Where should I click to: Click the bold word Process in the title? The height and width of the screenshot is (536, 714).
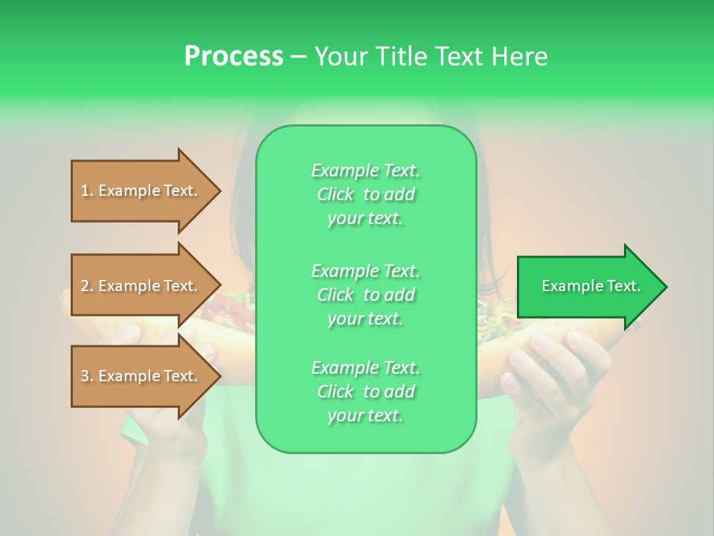(x=234, y=56)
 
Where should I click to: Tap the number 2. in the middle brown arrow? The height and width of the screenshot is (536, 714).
(x=87, y=286)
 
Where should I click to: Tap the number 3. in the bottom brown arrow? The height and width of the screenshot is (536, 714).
(x=87, y=376)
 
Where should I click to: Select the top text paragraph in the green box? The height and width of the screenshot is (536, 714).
(x=365, y=194)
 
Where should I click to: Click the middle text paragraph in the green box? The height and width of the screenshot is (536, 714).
(x=365, y=295)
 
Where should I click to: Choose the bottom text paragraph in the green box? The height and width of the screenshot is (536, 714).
(x=365, y=392)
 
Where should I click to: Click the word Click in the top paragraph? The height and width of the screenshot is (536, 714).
(x=335, y=194)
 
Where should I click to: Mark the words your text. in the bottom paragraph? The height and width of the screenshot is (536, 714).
(x=365, y=415)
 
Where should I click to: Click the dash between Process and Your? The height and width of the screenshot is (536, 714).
(x=298, y=56)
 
